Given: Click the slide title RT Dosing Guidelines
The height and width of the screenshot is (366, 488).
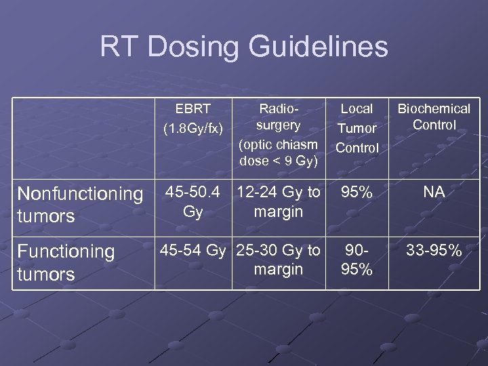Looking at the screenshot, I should (x=244, y=47).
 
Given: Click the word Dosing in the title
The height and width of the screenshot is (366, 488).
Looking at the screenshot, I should (x=200, y=47).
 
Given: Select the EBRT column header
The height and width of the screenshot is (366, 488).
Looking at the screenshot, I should (x=193, y=117).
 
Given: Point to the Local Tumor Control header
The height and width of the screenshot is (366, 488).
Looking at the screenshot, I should (x=357, y=128).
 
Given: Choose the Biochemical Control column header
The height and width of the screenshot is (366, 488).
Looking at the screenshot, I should (x=434, y=117).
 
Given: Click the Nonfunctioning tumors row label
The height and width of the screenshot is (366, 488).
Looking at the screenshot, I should (x=79, y=205).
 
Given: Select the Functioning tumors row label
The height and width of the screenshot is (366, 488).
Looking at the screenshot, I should (x=66, y=262).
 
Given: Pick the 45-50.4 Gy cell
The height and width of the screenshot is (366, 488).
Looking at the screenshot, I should (x=193, y=202).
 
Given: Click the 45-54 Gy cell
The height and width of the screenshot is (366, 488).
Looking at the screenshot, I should (x=193, y=251).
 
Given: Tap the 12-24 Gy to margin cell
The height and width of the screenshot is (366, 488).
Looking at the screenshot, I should (x=278, y=202).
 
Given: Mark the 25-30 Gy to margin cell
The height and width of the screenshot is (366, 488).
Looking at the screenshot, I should (x=278, y=260).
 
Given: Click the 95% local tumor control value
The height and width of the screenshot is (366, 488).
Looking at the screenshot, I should (x=357, y=192).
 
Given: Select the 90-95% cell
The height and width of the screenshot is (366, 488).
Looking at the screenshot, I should (x=357, y=260).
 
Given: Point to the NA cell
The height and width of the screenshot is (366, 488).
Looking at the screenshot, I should (x=434, y=192).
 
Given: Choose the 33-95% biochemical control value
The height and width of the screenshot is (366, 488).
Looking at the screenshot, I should (x=434, y=251).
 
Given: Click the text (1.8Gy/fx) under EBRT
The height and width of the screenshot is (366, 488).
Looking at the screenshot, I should (x=193, y=127).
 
